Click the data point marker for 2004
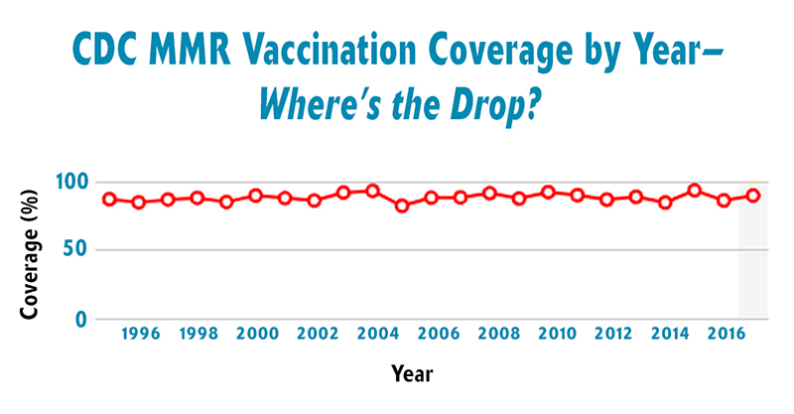(372, 191)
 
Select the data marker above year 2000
(255, 196)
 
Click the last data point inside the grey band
(753, 196)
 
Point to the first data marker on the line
(109, 199)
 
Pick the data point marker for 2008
(489, 193)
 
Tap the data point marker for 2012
(606, 200)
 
